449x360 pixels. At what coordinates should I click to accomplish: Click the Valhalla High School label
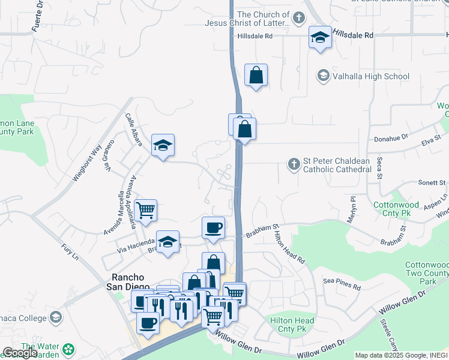click(x=372, y=76)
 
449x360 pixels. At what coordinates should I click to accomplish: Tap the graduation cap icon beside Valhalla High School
click(x=324, y=76)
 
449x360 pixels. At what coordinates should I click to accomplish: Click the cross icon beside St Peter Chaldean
click(x=294, y=164)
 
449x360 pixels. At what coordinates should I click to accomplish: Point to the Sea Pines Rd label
click(x=342, y=284)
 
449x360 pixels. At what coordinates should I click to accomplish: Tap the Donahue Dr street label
click(x=391, y=137)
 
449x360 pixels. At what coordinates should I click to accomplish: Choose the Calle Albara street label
click(x=134, y=129)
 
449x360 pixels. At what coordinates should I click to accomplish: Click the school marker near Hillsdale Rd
click(x=321, y=38)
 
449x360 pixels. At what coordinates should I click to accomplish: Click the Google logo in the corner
click(x=20, y=353)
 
